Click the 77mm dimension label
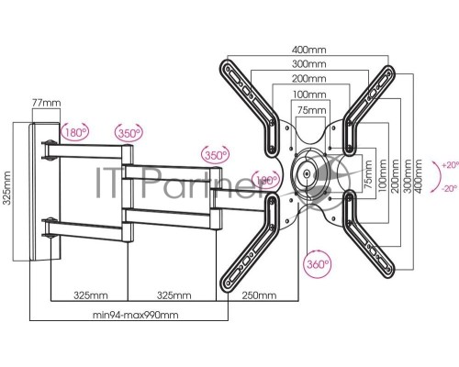tap(47, 103)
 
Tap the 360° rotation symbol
tap(318, 264)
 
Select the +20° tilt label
tap(451, 165)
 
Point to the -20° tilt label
tap(450, 189)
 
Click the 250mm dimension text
tap(259, 295)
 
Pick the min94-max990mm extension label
tap(136, 315)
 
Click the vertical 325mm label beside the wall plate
tap(6, 188)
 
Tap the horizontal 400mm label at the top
tap(309, 50)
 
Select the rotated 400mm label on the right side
tap(418, 176)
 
